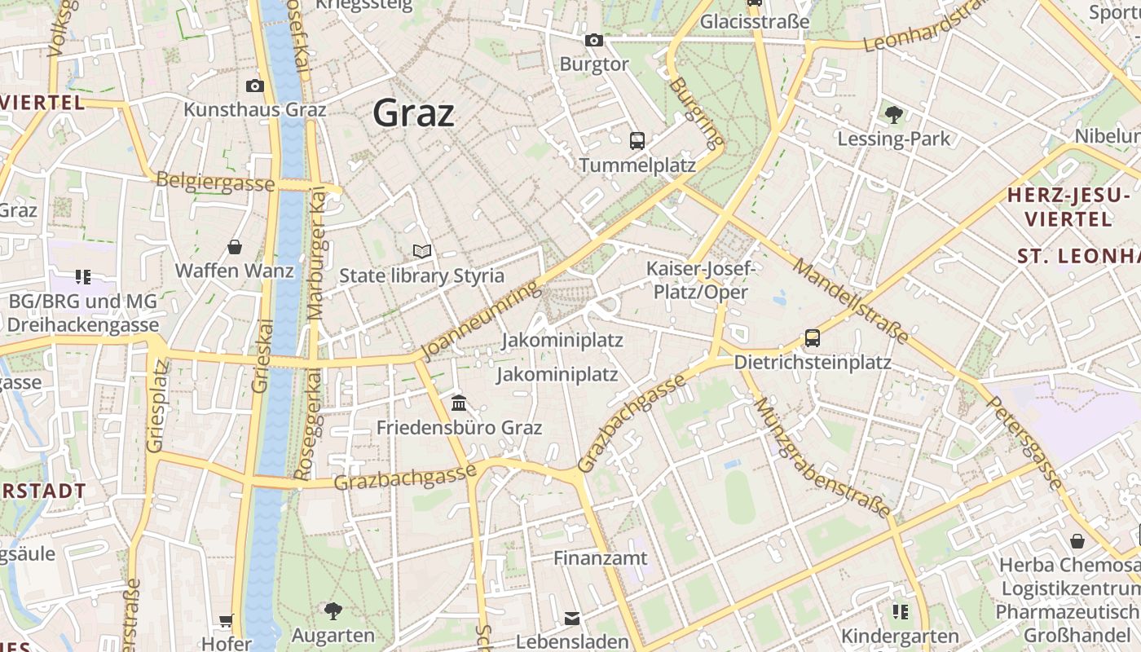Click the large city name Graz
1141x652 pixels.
[x=413, y=113]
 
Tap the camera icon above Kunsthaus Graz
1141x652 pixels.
[x=254, y=86]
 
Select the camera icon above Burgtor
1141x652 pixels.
[x=594, y=40]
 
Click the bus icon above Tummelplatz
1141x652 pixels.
[x=637, y=140]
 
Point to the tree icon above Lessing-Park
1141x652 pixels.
[x=894, y=114]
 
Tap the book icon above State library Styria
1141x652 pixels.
[x=421, y=251]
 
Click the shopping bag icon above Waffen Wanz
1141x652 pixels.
[x=235, y=246]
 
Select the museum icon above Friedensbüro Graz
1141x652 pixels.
[x=459, y=403]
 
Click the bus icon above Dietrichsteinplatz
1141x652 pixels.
[x=812, y=337]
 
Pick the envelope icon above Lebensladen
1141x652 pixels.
[x=572, y=619]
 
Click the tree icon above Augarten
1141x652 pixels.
[x=333, y=610]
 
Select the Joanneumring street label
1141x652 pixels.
[x=481, y=319]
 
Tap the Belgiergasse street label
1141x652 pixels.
[x=215, y=181]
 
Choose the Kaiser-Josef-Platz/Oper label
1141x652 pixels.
[x=700, y=280]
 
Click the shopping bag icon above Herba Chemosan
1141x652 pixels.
[x=1077, y=541]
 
